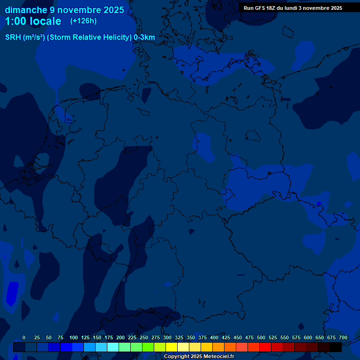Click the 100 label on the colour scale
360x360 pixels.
pyautogui.click(x=74, y=337)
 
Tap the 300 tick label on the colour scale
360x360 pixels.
pyautogui.click(x=167, y=337)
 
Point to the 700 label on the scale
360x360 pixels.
pyautogui.click(x=343, y=337)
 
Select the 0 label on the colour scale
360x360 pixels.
pyautogui.click(x=24, y=337)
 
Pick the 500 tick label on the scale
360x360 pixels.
pyautogui.click(x=261, y=337)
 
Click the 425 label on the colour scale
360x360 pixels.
pyautogui.click(x=226, y=337)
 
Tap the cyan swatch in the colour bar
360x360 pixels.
pyautogui.click(x=112, y=347)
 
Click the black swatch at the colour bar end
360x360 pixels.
pyautogui.click(x=336, y=347)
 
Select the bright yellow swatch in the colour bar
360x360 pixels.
pyautogui.click(x=172, y=347)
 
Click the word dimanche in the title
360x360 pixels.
pyautogui.click(x=26, y=10)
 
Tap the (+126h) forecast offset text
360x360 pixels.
pyautogui.click(x=83, y=21)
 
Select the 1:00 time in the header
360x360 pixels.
pyautogui.click(x=14, y=21)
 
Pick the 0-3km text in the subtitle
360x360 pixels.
pyautogui.click(x=144, y=37)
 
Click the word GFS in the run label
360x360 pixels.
pyautogui.click(x=260, y=8)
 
